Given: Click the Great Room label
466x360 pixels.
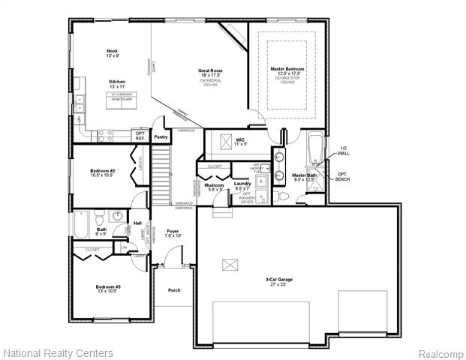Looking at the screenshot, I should pyautogui.click(x=210, y=71).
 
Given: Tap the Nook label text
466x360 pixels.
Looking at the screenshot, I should pyautogui.click(x=112, y=51).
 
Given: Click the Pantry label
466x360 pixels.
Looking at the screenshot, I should pyautogui.click(x=161, y=137).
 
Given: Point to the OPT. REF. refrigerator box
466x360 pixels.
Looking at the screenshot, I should pyautogui.click(x=140, y=136).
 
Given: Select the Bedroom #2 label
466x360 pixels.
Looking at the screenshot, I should pyautogui.click(x=102, y=171).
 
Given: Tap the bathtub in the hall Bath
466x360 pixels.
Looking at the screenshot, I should pyautogui.click(x=82, y=223).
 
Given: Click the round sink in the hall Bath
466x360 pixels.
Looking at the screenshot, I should pyautogui.click(x=117, y=216).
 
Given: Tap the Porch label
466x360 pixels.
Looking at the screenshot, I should pyautogui.click(x=174, y=289).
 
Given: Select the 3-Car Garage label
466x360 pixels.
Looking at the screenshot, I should pyautogui.click(x=278, y=280).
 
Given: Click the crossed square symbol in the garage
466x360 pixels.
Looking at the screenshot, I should pyautogui.click(x=229, y=264).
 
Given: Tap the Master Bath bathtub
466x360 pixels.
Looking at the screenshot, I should pyautogui.click(x=315, y=147).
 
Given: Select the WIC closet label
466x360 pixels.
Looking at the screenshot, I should pyautogui.click(x=240, y=139).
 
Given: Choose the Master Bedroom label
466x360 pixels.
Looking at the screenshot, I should pyautogui.click(x=287, y=69).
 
